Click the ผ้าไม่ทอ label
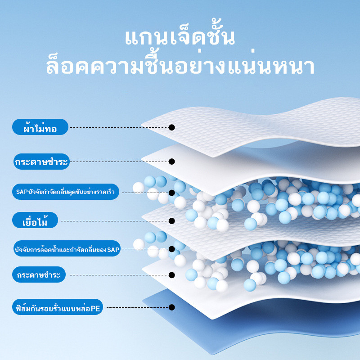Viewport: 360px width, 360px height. click(40, 127)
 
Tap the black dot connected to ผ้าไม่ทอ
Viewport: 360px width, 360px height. click(171, 127)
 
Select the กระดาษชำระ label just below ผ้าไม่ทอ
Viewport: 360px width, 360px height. click(41, 162)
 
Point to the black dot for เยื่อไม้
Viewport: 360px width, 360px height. click(171, 221)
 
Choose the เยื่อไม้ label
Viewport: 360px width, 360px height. click(35, 220)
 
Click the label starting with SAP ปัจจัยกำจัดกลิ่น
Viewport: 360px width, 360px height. click(66, 192)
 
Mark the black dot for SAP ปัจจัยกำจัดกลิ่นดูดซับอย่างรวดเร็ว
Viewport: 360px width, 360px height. click(171, 193)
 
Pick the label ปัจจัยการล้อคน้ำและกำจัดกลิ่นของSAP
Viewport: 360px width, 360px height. click(67, 248)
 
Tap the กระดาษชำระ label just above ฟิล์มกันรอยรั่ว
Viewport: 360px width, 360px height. click(39, 274)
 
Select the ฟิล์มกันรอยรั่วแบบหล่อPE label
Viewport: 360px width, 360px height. click(58, 307)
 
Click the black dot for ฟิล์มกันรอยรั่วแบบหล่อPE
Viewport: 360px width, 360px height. click(171, 307)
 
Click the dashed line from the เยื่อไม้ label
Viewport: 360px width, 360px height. click(115, 221)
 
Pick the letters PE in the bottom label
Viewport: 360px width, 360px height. click(95, 308)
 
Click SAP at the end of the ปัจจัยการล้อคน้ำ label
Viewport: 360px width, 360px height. click(113, 249)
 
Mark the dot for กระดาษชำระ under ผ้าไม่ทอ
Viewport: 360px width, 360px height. click(171, 162)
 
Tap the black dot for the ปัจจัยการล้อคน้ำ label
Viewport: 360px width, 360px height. click(171, 249)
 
